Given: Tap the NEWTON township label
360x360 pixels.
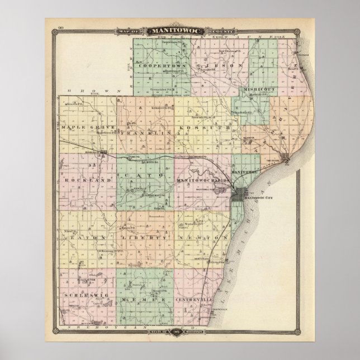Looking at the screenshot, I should click(x=202, y=237).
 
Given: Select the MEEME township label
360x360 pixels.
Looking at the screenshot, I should click(x=141, y=301).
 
